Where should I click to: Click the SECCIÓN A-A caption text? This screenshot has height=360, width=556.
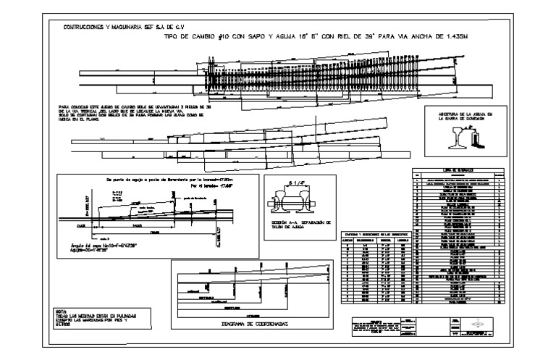point(300,223)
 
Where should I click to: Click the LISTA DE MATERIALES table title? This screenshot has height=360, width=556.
point(460,168)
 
